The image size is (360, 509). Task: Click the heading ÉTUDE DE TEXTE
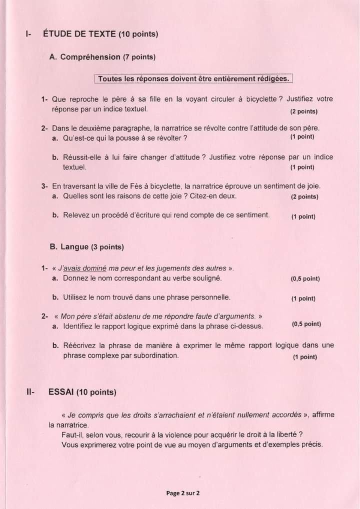[x=79, y=34]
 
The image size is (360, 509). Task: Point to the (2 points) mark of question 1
[x=303, y=110]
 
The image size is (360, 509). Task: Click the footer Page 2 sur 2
[x=182, y=493]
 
